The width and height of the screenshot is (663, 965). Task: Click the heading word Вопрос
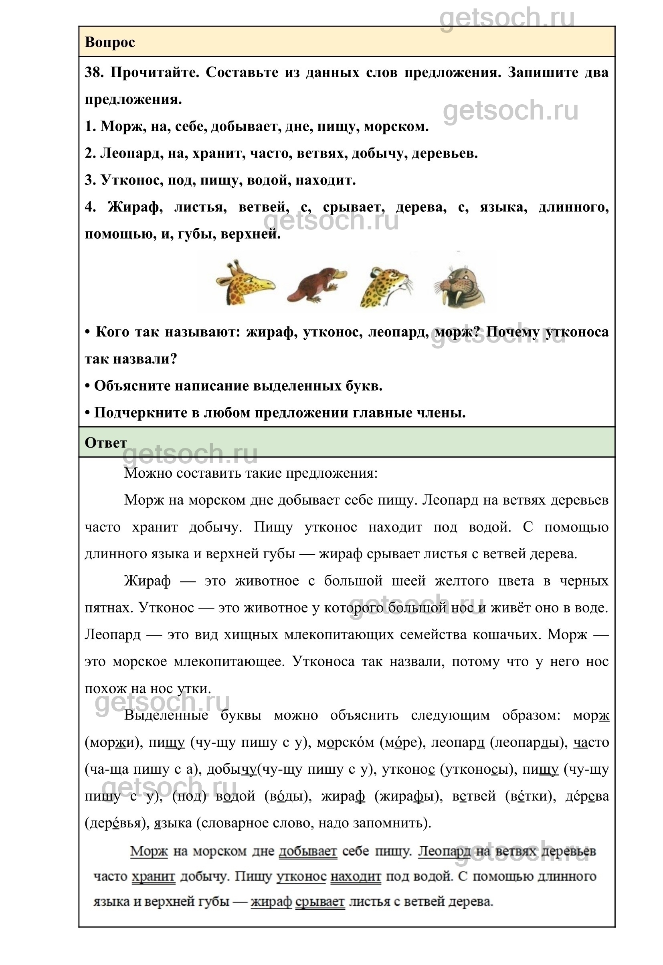110,42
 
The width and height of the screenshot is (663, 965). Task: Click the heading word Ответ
105,443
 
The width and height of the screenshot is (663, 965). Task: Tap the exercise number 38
94,72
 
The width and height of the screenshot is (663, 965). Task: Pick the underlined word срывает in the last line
320,901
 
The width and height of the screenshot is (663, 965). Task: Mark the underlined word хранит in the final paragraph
153,876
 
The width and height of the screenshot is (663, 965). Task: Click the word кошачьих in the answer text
511,635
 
